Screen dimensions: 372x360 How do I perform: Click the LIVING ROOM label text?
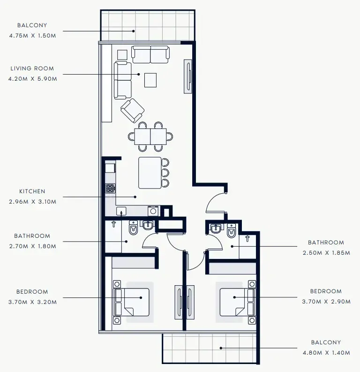click(32, 68)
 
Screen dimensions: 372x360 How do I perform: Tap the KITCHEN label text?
click(32, 191)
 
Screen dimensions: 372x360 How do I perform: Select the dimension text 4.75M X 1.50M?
click(32, 36)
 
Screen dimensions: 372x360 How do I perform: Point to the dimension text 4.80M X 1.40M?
click(326, 352)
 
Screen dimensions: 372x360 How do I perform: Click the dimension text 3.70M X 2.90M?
click(326, 302)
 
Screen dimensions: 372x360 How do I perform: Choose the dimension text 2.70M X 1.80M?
click(32, 246)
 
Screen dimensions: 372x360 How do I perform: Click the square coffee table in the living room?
click(150, 80)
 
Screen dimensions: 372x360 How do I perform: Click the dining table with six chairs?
click(150, 137)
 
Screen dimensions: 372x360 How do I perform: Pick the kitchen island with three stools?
click(150, 173)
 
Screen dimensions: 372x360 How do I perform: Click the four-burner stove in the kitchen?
click(110, 189)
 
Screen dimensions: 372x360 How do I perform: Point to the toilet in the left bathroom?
click(133, 228)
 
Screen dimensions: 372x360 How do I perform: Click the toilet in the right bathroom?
click(232, 231)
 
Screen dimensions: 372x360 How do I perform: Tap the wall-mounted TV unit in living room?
click(188, 76)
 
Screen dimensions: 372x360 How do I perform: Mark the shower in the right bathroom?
click(247, 245)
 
